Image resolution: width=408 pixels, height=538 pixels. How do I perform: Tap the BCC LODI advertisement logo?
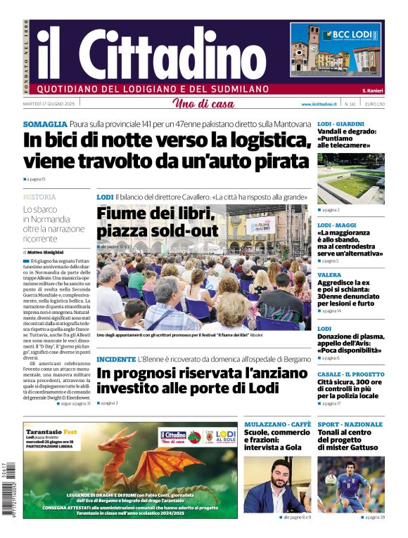click(351, 35)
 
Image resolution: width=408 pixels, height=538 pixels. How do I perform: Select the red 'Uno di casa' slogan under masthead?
click(203, 104)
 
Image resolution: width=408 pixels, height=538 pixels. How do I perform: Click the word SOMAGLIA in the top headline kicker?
click(45, 124)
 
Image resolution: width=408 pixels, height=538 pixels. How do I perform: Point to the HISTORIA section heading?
click(39, 197)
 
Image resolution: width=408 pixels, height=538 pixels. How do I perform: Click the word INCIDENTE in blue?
click(116, 359)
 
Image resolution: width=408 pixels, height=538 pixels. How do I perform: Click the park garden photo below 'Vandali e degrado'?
click(350, 178)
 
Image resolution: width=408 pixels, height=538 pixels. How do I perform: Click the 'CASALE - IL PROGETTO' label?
click(350, 374)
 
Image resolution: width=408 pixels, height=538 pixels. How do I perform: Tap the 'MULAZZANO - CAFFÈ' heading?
click(277, 424)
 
